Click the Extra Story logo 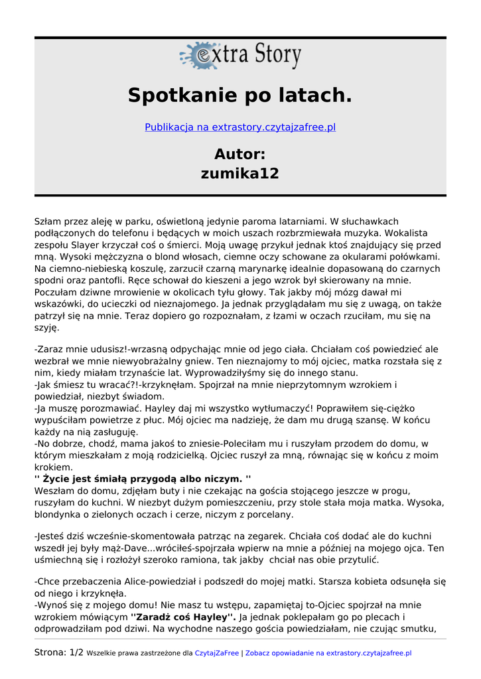240,56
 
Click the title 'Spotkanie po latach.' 240,95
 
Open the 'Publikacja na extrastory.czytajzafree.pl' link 240,127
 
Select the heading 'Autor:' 240,154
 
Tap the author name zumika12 240,174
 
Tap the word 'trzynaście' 132,373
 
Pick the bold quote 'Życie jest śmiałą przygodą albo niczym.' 142,479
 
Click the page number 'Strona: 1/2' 59,653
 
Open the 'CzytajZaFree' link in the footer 216,653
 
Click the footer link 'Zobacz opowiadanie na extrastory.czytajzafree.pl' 328,653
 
